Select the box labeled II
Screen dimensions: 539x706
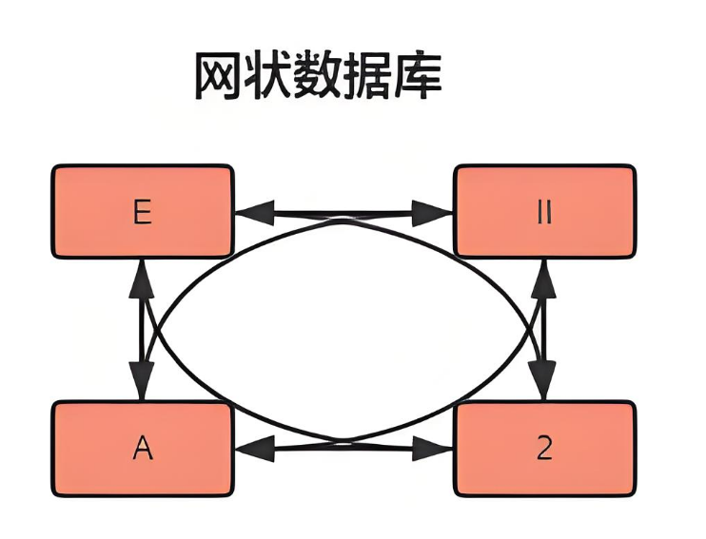click(x=544, y=211)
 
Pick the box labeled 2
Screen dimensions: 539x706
click(x=544, y=448)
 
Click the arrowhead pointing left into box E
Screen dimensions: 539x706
click(x=248, y=211)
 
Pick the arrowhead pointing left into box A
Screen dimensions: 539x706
click(x=248, y=445)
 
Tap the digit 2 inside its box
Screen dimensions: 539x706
click(x=544, y=448)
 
